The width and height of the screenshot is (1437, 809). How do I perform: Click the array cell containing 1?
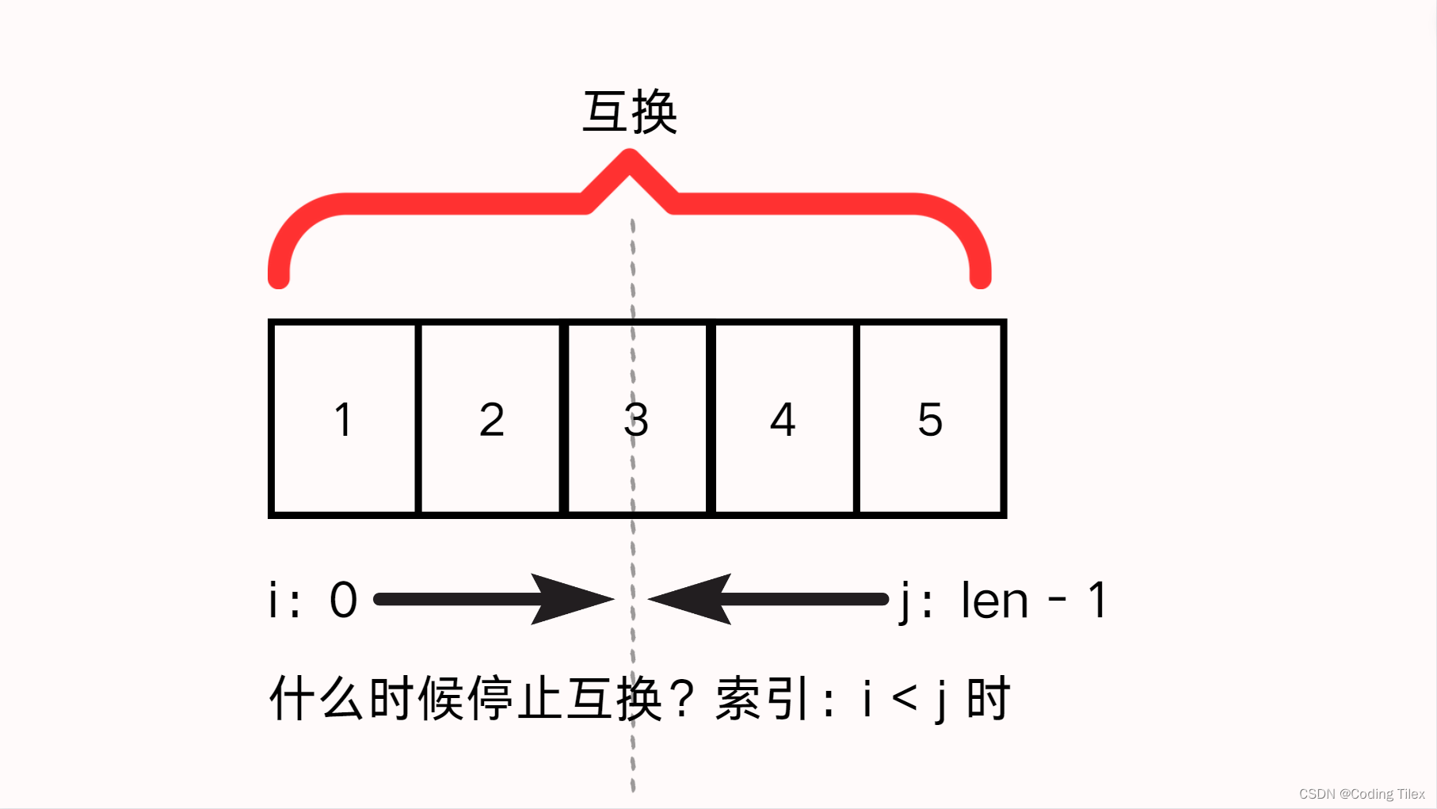tap(343, 419)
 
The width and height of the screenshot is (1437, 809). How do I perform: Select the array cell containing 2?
tap(491, 419)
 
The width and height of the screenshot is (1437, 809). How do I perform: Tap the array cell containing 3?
tap(636, 419)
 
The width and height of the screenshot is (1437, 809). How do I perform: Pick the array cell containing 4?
tap(783, 419)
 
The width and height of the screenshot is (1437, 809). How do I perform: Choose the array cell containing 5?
tap(930, 419)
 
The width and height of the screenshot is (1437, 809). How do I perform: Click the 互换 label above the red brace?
tap(630, 113)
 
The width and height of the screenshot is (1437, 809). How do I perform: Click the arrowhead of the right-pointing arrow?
tap(578, 599)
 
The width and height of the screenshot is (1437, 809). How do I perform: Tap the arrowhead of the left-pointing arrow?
tap(686, 599)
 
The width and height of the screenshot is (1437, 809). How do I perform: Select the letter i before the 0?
tap(273, 601)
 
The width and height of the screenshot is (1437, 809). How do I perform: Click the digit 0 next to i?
tap(343, 601)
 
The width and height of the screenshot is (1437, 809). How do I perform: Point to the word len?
tap(994, 601)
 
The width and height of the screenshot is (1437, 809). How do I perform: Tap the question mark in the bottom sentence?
tap(681, 699)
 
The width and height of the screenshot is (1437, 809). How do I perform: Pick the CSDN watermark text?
tap(1361, 794)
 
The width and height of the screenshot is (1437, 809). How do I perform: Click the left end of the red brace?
tap(279, 277)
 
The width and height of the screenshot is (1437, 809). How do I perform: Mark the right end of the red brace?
tap(981, 277)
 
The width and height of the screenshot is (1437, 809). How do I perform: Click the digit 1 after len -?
tap(1097, 601)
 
